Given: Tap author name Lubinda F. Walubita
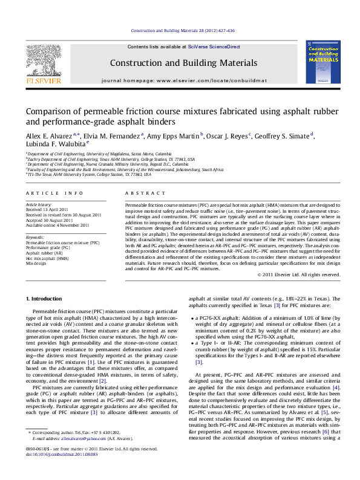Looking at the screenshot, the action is tap(64, 144).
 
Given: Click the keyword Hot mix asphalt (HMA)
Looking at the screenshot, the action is tap(47, 258).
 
